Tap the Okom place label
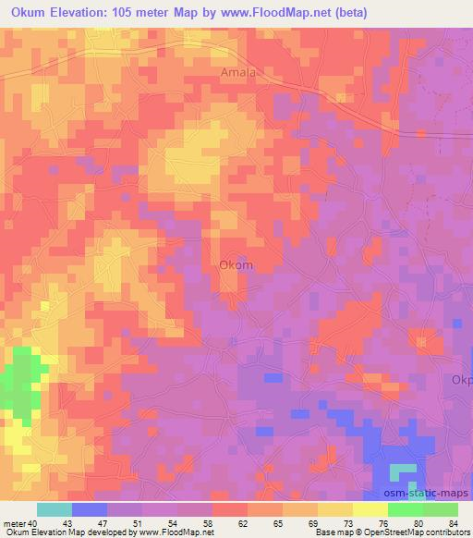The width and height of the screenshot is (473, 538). coord(236,264)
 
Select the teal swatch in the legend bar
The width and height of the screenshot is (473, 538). coord(55,509)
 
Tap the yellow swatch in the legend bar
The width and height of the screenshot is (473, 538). coord(370,509)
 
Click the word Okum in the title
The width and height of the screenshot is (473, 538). coord(31,11)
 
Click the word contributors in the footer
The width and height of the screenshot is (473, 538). coord(448,532)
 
